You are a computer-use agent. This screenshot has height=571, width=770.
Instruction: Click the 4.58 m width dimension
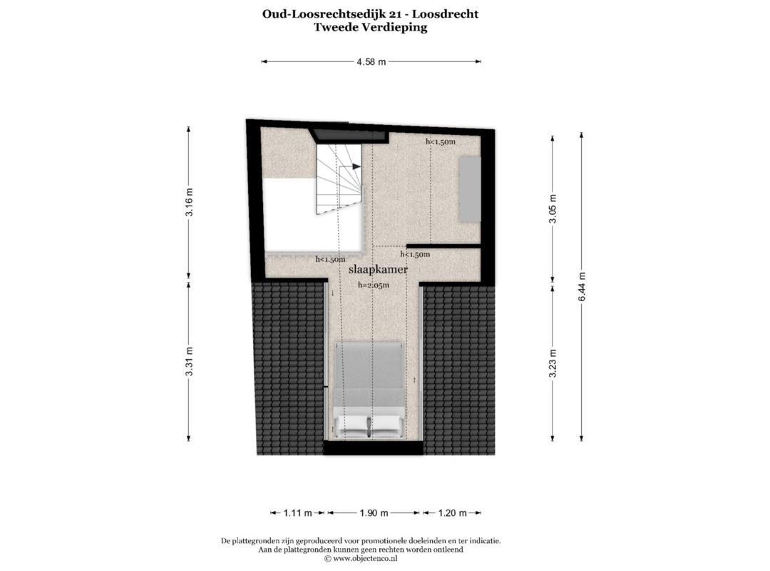(371, 62)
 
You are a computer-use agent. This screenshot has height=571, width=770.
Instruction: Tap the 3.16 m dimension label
(190, 202)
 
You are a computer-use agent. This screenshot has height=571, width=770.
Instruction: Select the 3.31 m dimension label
(190, 361)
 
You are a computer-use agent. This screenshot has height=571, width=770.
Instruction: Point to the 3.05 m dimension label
(553, 208)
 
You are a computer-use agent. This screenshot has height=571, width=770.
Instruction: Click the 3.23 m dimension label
(553, 363)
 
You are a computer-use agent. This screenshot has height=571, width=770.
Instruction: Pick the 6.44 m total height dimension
(582, 287)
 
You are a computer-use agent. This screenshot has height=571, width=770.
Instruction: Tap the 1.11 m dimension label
(297, 513)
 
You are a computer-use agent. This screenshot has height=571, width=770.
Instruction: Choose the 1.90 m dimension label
(374, 513)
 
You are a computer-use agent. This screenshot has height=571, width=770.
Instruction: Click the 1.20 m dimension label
(452, 513)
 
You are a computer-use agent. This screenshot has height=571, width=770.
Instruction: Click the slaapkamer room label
(378, 270)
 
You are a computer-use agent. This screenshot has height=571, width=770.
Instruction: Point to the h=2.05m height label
(373, 285)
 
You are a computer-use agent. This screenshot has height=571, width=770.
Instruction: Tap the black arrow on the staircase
(356, 167)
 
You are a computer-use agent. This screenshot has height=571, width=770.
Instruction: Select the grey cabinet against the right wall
(469, 189)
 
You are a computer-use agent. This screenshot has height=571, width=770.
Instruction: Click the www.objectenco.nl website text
(365, 559)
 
